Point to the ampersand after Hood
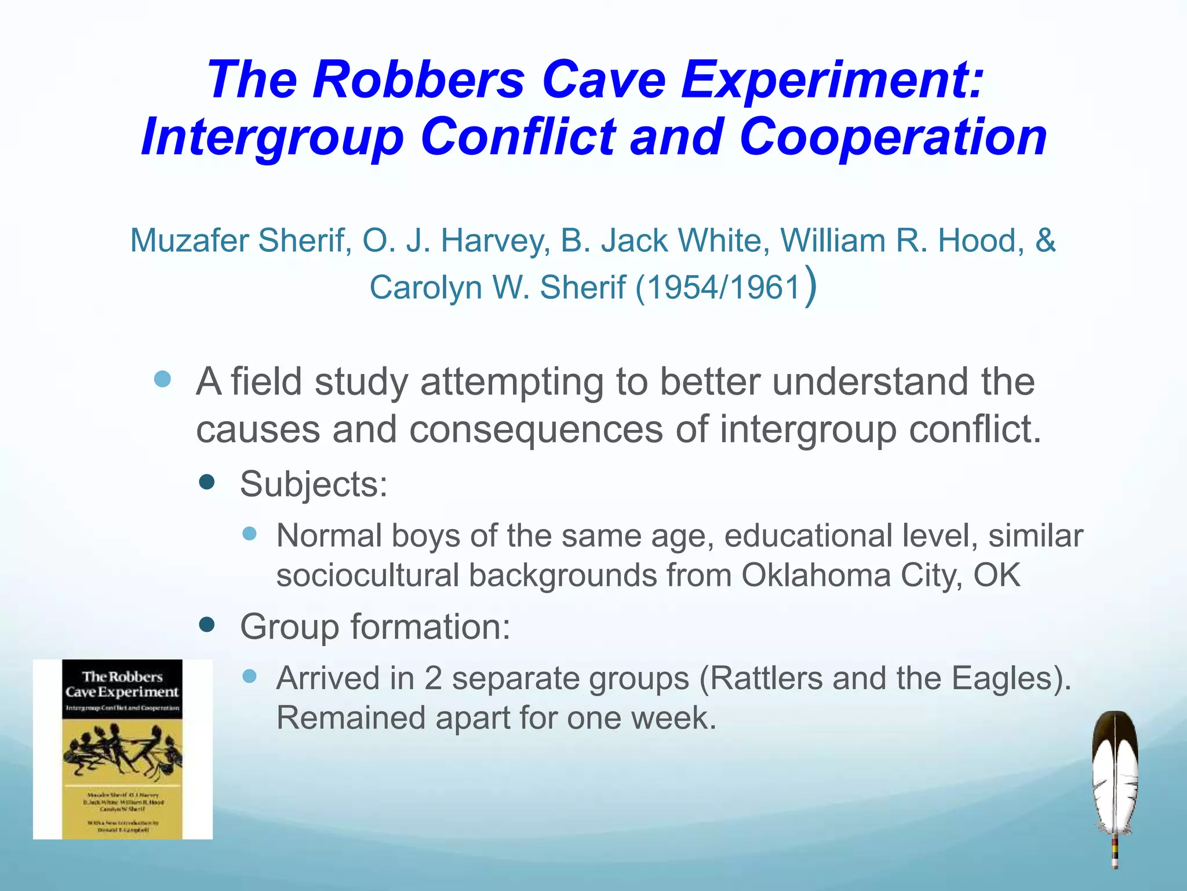1045,240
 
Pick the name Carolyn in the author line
425,287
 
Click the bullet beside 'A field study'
163,379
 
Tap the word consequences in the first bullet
536,429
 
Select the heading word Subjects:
314,484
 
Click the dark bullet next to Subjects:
207,481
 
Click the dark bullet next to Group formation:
207,625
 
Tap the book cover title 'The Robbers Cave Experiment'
122,684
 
